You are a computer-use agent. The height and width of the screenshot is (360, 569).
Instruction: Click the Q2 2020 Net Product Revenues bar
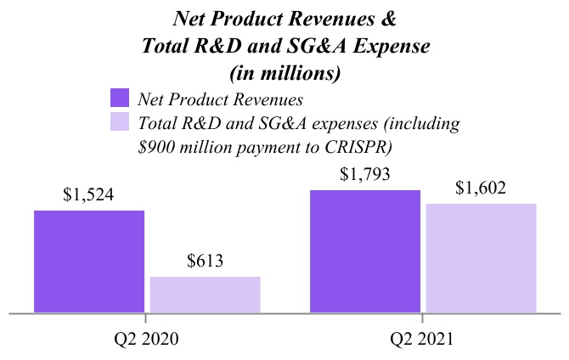coord(89,261)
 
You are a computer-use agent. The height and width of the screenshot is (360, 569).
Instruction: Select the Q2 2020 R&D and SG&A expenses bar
coord(205,295)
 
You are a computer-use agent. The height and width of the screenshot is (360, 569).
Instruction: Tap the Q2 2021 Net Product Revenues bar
coord(365,251)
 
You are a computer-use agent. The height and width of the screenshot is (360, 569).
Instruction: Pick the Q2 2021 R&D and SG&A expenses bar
coord(481,258)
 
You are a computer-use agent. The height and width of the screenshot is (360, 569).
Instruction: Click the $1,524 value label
coord(88,194)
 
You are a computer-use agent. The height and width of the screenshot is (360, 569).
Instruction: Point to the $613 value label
coord(205,261)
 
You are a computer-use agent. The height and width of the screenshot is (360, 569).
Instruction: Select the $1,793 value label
coord(365,176)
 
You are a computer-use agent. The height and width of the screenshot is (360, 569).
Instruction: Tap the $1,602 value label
coord(481,188)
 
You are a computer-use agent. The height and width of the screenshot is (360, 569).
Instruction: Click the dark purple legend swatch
coord(119,98)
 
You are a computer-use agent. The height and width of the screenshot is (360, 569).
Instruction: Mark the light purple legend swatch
coord(119,122)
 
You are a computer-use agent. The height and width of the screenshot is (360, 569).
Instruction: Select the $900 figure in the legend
coord(158,145)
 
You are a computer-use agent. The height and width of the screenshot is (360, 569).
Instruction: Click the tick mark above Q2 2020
coord(145,318)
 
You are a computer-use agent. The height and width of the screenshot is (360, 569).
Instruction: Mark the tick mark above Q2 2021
coord(422,318)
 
